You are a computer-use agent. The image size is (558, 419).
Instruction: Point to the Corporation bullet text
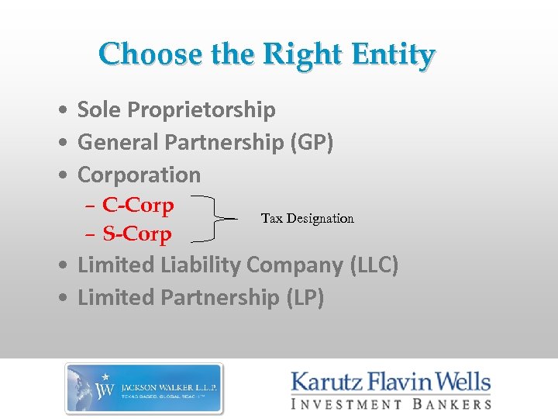[x=139, y=175]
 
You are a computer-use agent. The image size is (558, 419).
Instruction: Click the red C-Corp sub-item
[x=138, y=206]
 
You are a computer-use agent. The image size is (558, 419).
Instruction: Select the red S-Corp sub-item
[x=137, y=234]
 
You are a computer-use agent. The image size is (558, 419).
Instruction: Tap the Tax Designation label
[x=307, y=218]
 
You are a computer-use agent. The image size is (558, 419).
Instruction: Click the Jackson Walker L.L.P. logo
[x=144, y=388]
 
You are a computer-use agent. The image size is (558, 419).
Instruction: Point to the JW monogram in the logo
[x=105, y=387]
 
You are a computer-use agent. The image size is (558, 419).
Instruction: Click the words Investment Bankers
[x=391, y=403]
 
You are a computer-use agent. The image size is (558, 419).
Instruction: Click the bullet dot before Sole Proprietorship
[x=60, y=111]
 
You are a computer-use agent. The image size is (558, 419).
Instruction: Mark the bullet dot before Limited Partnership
[x=60, y=297]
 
